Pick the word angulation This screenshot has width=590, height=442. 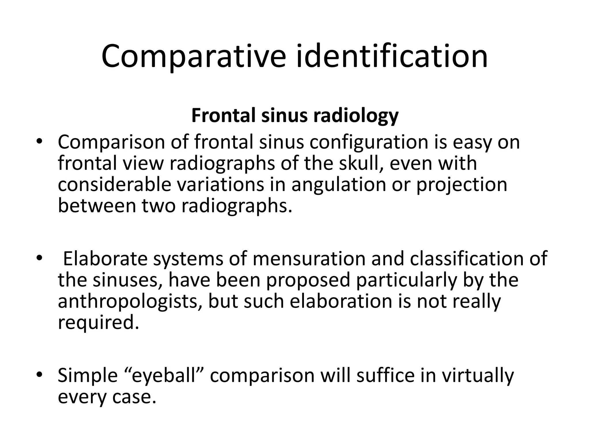(x=339, y=185)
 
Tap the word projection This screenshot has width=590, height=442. (x=462, y=185)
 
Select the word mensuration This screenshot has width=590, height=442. (x=309, y=259)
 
